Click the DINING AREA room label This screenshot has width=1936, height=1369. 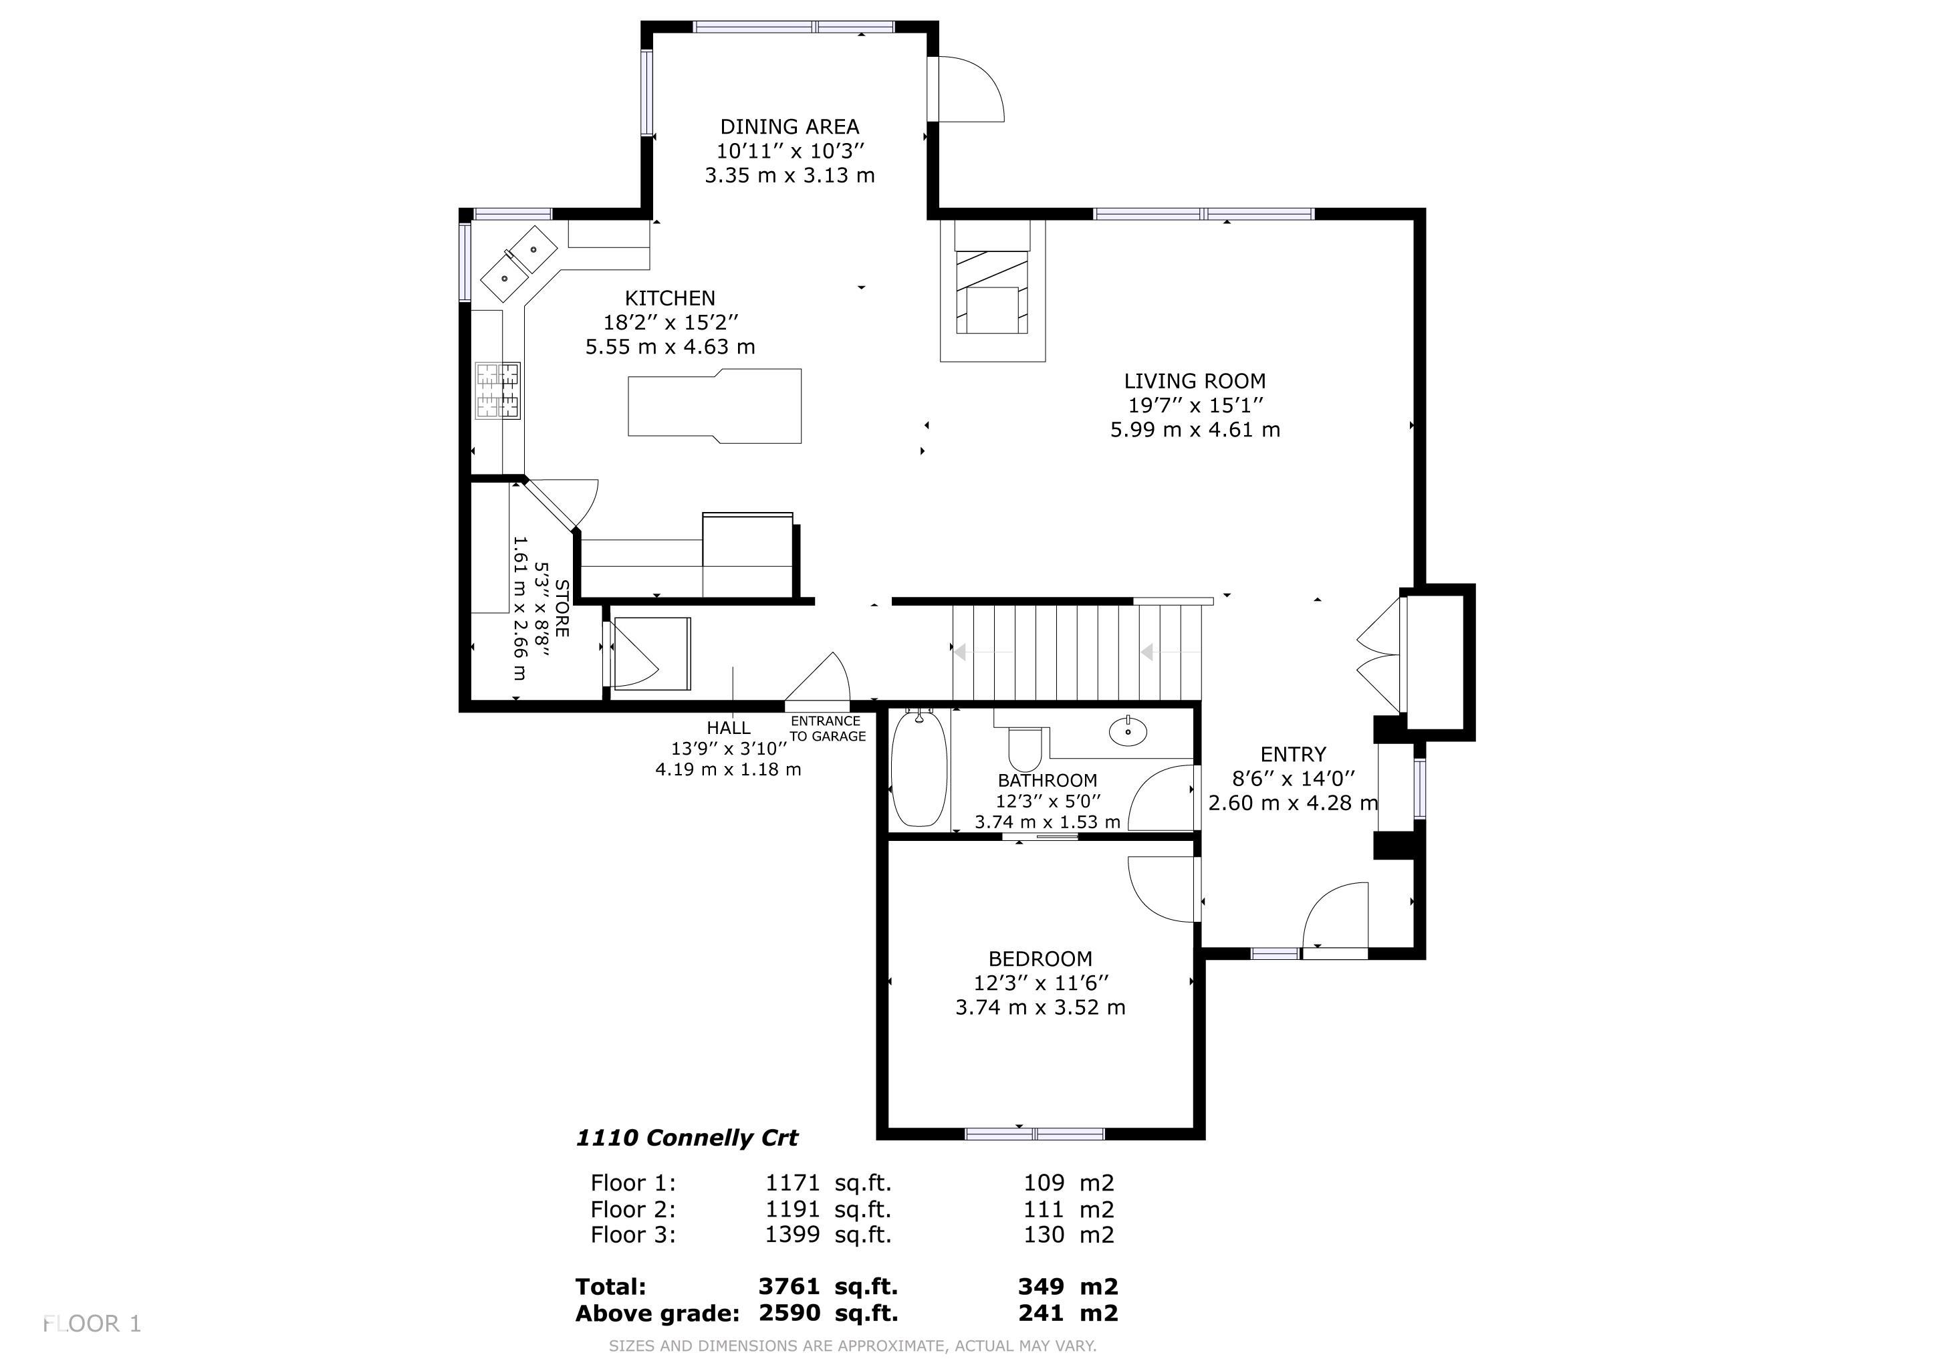tap(790, 126)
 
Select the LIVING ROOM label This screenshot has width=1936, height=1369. tap(1194, 381)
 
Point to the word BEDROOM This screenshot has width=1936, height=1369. tap(1040, 959)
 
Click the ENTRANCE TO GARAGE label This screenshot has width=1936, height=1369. tap(827, 729)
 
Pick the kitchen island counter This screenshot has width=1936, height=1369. tap(714, 406)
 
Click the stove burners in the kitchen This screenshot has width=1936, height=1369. tap(497, 390)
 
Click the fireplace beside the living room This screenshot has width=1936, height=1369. tap(993, 290)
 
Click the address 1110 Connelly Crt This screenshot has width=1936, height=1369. tap(687, 1138)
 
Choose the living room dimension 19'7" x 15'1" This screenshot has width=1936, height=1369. tap(1195, 406)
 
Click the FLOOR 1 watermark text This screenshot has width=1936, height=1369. tap(92, 1324)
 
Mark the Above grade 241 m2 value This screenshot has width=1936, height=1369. tap(1068, 1313)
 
